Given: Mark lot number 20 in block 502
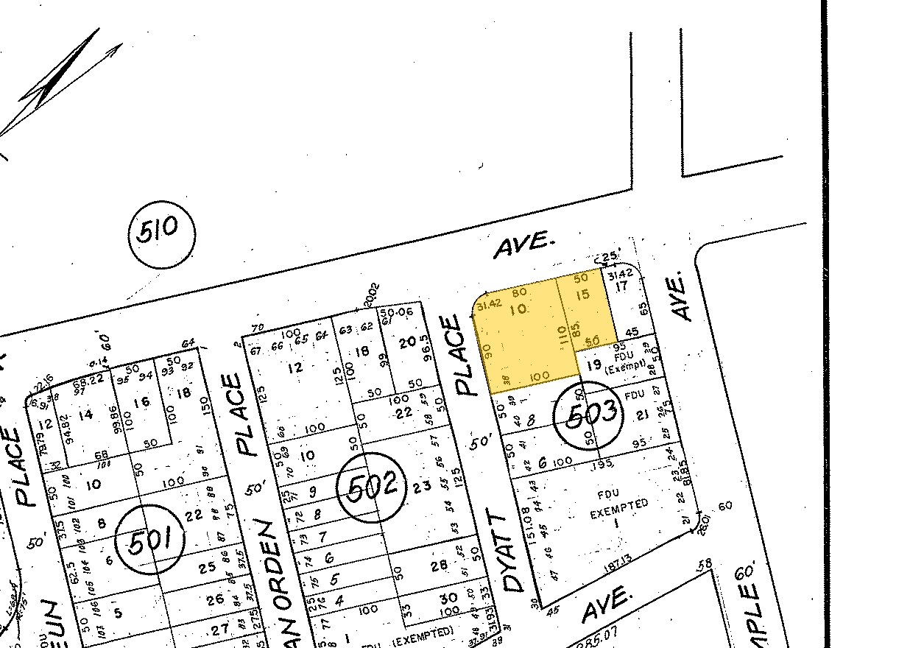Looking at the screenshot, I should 407,342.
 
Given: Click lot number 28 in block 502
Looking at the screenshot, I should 440,565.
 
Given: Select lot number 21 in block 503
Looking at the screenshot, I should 641,416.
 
